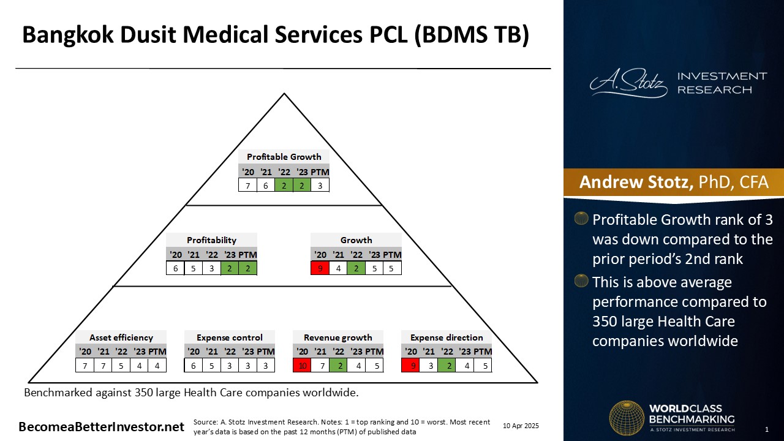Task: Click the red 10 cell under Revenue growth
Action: click(302, 366)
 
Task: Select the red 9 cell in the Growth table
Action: click(320, 268)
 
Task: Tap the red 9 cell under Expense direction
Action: click(410, 366)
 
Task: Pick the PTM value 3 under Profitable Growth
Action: click(320, 185)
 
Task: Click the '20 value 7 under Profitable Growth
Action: click(248, 185)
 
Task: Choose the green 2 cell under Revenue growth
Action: click(338, 366)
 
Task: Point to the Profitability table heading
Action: click(211, 240)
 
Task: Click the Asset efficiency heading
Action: click(121, 337)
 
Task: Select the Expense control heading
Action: click(230, 337)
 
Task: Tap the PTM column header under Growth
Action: click(392, 255)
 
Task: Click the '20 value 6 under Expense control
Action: click(193, 366)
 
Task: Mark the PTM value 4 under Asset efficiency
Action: click(157, 366)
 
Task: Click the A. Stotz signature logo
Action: click(628, 83)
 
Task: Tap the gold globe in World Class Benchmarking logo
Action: click(627, 418)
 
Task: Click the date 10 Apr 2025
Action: click(521, 426)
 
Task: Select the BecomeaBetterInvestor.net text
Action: click(102, 427)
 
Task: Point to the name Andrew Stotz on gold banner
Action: click(636, 182)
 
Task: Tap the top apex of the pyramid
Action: click(284, 94)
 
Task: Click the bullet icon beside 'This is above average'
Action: click(581, 281)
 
